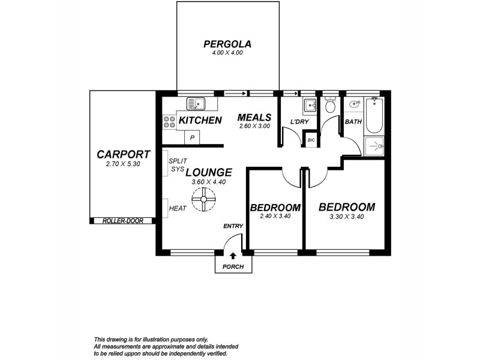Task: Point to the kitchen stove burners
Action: [168, 122]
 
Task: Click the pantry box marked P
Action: [192, 138]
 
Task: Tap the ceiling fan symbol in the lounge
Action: [203, 199]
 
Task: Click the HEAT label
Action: [178, 208]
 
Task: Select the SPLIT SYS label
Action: [178, 166]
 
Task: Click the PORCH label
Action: [232, 267]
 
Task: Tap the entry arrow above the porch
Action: [232, 256]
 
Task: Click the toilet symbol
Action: [329, 107]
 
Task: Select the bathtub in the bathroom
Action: [374, 116]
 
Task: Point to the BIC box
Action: [311, 140]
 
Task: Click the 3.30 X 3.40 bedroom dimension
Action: [346, 217]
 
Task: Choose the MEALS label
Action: [254, 118]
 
